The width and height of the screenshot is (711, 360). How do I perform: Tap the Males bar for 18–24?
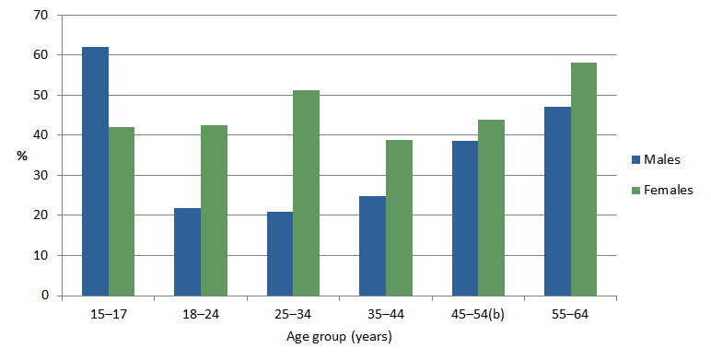188,251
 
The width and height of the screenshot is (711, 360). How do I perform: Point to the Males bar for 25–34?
280,253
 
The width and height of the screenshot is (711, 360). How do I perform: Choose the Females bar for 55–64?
584,179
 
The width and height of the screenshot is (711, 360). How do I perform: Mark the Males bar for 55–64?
557,201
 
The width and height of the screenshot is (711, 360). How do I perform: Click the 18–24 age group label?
200,315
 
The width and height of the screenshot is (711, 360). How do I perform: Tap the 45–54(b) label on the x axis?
478,315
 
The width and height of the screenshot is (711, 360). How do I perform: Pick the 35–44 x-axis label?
385,315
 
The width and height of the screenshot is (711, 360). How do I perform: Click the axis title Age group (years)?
339,336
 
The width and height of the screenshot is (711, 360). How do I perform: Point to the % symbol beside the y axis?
20,156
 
